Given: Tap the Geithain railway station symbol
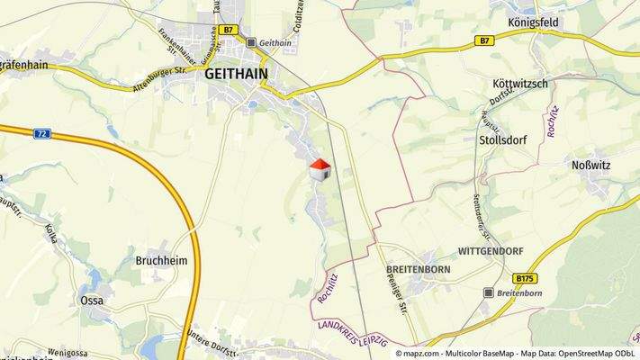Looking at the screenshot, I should [251, 42].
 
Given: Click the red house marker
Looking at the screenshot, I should [320, 169].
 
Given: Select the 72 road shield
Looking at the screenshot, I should [41, 133].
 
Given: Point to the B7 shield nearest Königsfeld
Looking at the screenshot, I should [484, 40].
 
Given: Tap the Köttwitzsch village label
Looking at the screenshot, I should [520, 84].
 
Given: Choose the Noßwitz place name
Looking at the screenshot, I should [592, 165].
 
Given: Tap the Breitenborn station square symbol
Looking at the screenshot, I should [489, 292].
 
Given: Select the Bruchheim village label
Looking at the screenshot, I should [160, 262].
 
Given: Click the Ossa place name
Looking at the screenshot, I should [92, 300].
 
